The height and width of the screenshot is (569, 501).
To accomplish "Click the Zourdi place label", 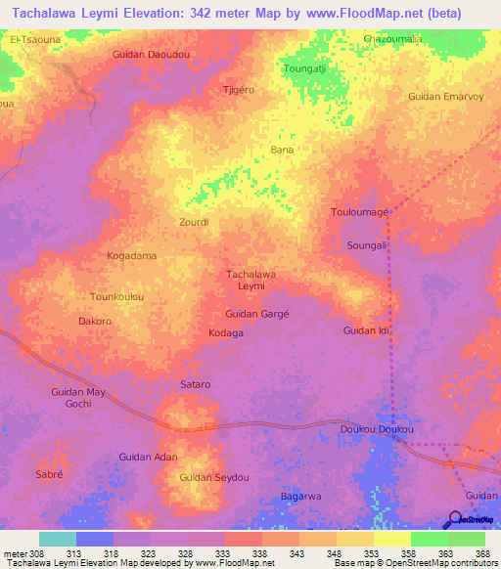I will click(194, 222).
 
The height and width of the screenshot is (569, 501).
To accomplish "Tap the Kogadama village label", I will click(131, 256).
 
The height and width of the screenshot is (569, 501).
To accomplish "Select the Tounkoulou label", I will click(117, 296).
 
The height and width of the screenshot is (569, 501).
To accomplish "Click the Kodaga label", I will click(226, 333).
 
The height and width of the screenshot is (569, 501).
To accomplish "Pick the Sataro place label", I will click(196, 385).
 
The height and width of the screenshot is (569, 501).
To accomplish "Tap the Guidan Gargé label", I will click(257, 314).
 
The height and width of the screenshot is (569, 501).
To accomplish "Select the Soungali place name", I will click(368, 245).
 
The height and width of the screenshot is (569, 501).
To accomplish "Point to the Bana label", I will click(282, 150).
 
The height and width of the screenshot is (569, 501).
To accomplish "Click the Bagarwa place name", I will click(301, 497).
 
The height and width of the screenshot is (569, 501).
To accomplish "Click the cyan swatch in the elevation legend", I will click(58, 539).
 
